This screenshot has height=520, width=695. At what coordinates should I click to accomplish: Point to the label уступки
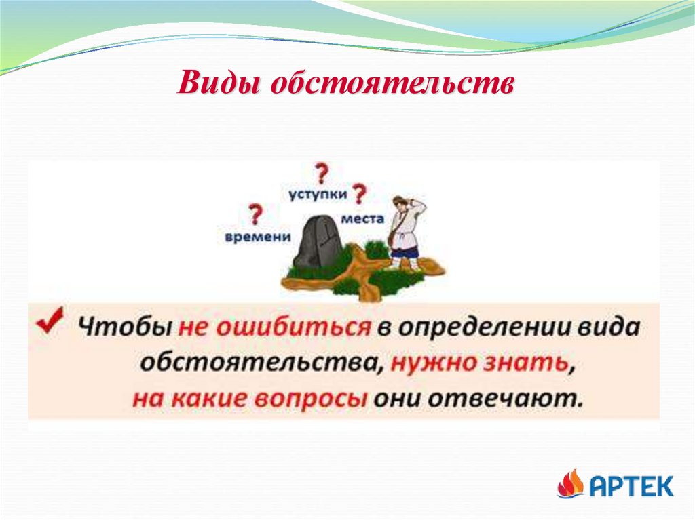(318, 194)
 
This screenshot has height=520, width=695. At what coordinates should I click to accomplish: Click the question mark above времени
(255, 215)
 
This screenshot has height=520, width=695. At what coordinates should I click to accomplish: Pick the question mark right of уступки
(359, 195)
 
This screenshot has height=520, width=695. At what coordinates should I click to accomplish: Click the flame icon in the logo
(570, 484)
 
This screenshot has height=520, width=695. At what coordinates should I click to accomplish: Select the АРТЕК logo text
(631, 485)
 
